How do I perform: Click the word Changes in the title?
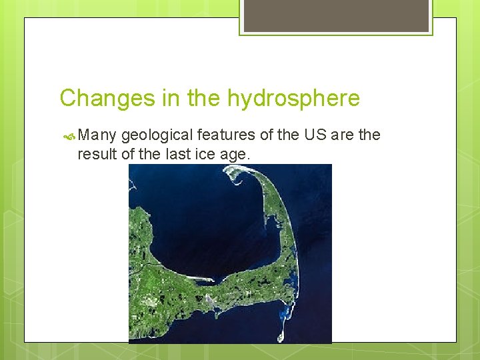[x=107, y=99]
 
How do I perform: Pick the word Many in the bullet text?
[x=98, y=135]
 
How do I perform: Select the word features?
[x=224, y=135]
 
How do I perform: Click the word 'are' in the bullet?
[x=344, y=135]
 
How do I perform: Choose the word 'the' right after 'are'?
[x=369, y=135]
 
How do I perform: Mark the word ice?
[x=210, y=155]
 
